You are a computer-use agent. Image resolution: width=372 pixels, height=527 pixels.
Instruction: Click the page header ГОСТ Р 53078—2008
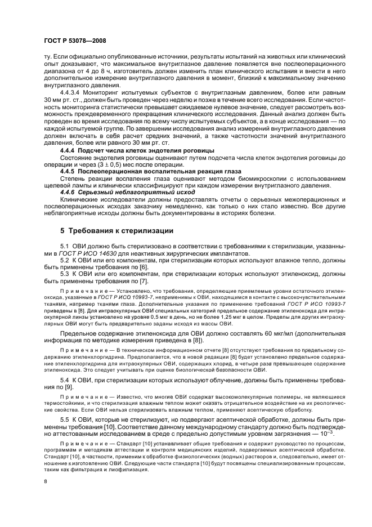67,41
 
